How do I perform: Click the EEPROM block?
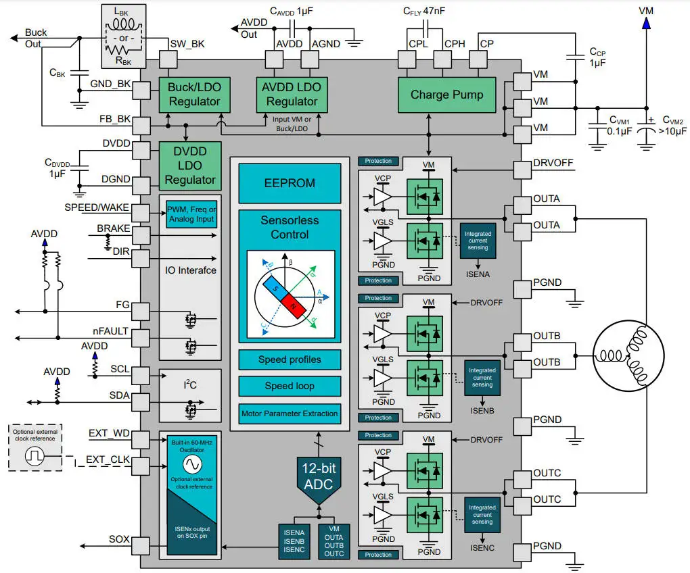click(290, 182)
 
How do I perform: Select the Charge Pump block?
click(446, 95)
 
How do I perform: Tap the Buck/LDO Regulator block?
click(194, 94)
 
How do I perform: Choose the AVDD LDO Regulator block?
click(292, 94)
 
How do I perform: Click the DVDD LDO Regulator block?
click(190, 165)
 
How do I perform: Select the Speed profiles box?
click(290, 359)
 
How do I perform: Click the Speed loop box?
click(290, 386)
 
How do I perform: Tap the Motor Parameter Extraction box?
click(290, 413)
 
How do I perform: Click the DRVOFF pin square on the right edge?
click(523, 171)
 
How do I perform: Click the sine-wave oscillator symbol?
click(192, 465)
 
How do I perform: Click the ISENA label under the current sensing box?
click(478, 274)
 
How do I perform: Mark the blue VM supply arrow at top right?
click(646, 23)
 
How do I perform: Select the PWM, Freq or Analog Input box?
click(192, 214)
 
